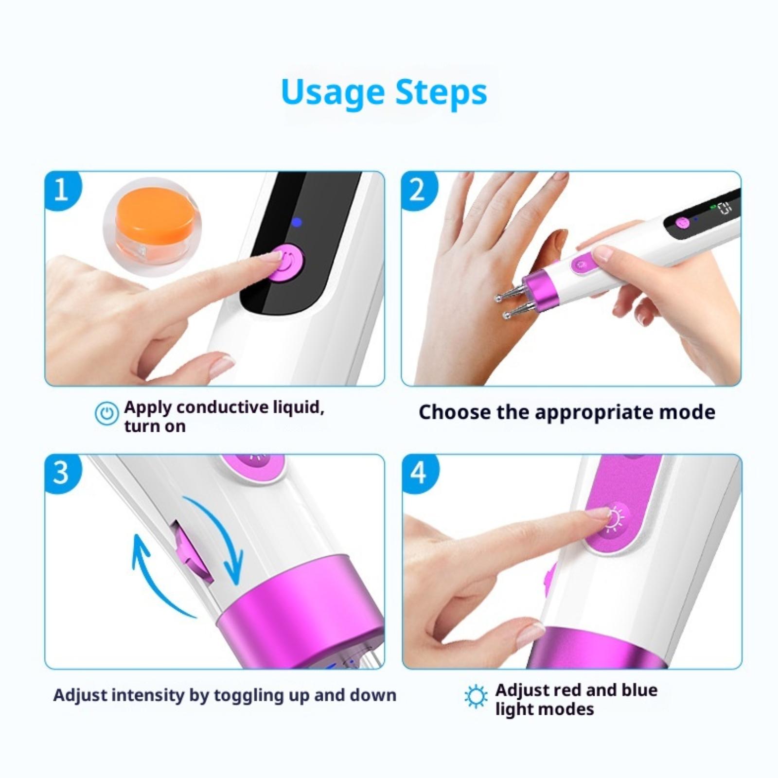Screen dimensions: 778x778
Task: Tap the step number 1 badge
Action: (x=62, y=190)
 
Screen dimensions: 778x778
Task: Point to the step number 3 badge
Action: (x=62, y=473)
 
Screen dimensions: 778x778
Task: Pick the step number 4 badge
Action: (x=419, y=473)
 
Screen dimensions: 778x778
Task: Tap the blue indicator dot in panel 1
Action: (x=297, y=223)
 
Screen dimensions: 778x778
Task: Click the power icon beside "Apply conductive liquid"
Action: (x=106, y=414)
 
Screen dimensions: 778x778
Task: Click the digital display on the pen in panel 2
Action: (x=725, y=209)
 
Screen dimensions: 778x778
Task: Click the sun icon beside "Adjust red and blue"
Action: (x=476, y=696)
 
